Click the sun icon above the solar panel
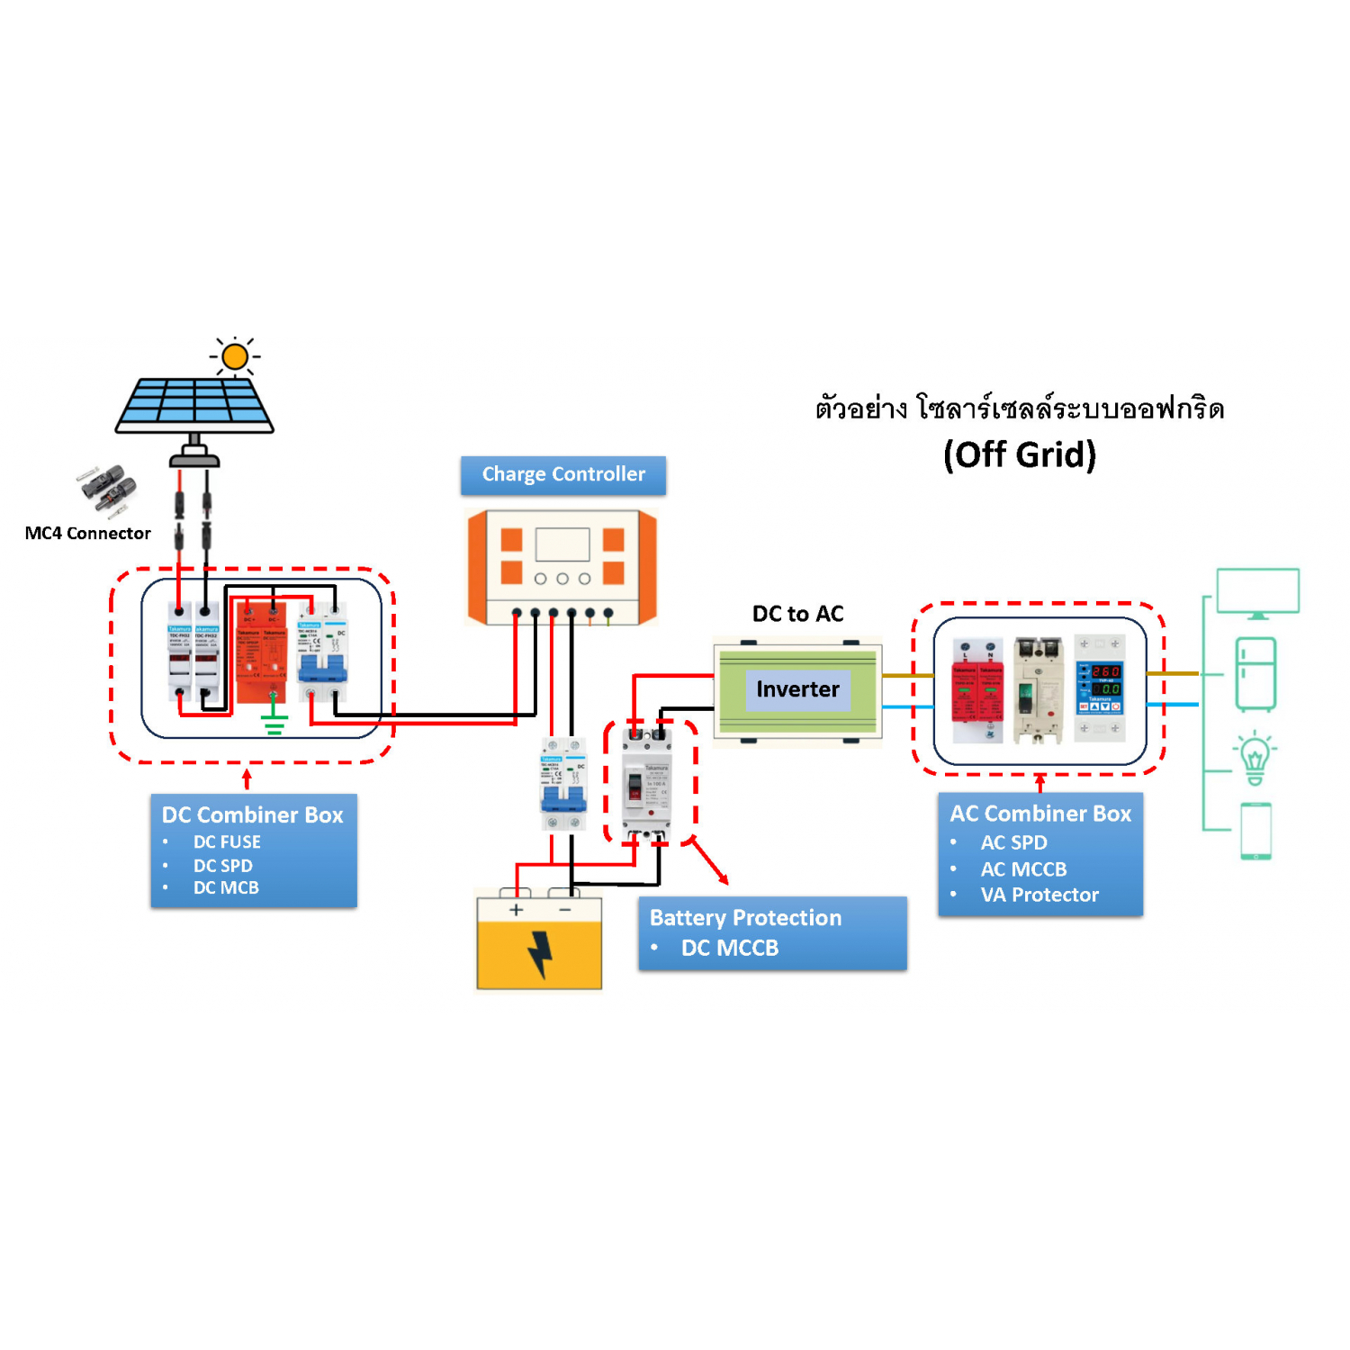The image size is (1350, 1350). [235, 356]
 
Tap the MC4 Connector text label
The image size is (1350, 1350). [88, 533]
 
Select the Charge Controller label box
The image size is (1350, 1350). [563, 474]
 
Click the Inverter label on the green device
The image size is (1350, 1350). [797, 689]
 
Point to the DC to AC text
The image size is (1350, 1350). [797, 614]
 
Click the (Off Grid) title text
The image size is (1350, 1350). [1020, 454]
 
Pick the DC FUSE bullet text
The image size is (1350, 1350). [227, 842]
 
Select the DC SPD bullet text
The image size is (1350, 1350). [223, 866]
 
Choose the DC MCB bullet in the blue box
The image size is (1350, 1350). [226, 888]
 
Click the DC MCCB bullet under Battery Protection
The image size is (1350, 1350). [730, 948]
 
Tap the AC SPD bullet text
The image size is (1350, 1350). [1013, 843]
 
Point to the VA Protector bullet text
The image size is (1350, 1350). [1039, 895]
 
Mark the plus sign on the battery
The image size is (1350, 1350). [516, 910]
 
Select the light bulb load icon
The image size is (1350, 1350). [1255, 758]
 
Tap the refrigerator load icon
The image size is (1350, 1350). [1255, 674]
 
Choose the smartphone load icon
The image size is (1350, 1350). [1255, 831]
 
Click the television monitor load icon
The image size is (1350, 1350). [1257, 593]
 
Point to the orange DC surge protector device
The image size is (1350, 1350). [261, 652]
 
